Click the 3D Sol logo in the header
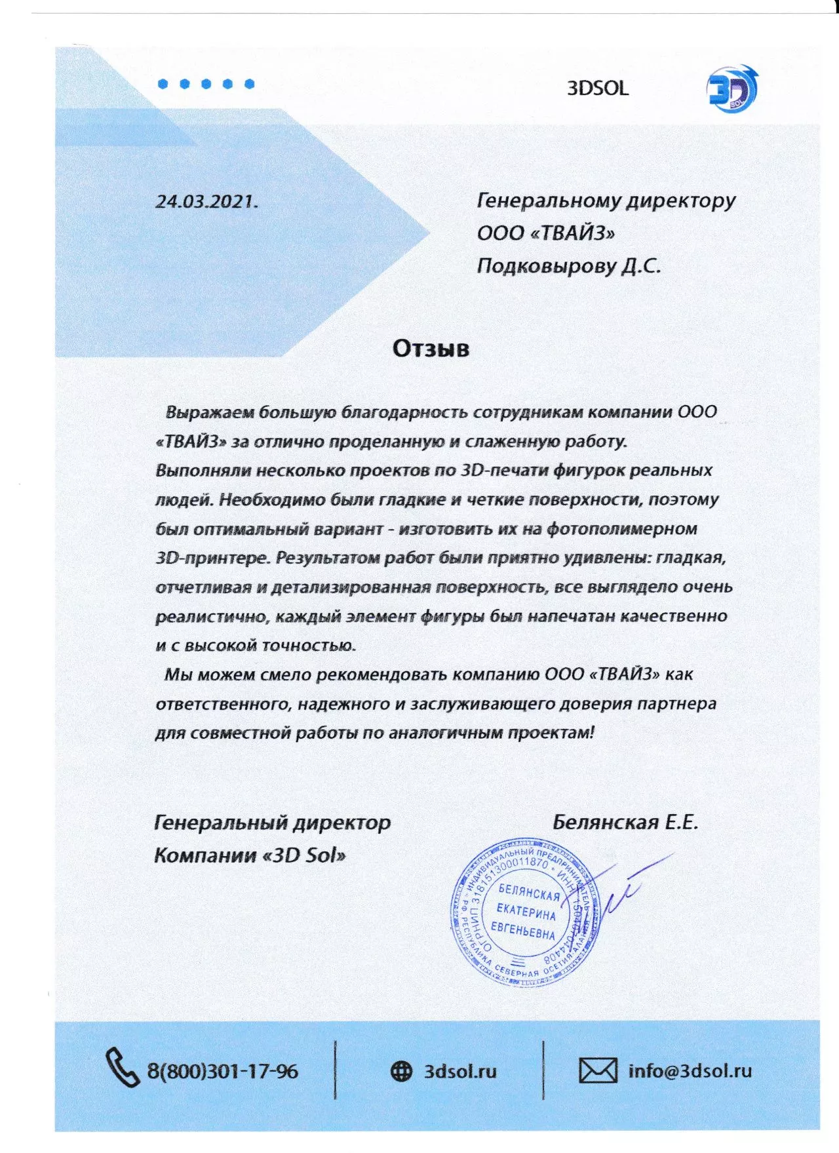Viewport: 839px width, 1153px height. pos(732,88)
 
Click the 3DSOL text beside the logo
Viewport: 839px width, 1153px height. pos(597,88)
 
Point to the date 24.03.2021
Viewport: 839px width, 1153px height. pos(206,201)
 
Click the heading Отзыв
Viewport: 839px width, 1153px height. pos(431,348)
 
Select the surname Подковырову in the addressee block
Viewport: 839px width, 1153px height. pos(546,266)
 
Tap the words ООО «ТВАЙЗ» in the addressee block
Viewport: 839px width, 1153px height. pos(546,233)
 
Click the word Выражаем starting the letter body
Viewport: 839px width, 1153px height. pos(210,412)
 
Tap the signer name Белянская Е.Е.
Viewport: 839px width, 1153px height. pos(625,822)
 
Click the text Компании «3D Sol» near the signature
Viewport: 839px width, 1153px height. pos(250,855)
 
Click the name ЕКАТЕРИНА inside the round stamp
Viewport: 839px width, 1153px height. pos(526,911)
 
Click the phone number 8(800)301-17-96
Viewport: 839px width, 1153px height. pos(222,1072)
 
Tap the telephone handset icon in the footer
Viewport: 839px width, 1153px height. pos(123,1068)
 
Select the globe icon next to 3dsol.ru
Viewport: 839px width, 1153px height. pos(401,1071)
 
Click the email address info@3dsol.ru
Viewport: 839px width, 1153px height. pos(690,1071)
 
